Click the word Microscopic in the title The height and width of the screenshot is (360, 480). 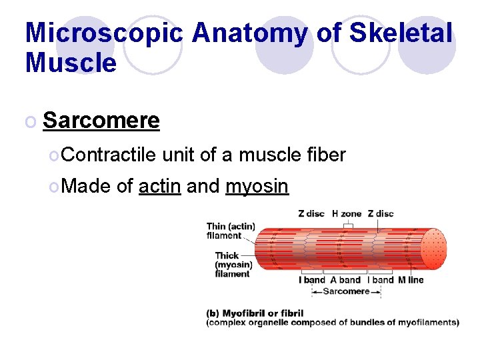click(103, 33)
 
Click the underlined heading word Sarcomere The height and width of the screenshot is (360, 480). click(101, 121)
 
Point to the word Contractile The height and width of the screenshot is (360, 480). click(110, 155)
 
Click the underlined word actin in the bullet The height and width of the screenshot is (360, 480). click(159, 186)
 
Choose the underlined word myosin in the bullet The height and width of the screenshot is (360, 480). click(257, 186)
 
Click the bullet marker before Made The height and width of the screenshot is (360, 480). click(53, 187)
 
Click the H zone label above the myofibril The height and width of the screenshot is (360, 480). click(346, 214)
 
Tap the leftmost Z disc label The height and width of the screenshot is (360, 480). click(311, 214)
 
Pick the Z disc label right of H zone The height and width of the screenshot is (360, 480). click(381, 214)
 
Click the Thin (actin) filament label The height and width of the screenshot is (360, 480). click(230, 231)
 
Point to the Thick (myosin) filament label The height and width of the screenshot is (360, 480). click(232, 264)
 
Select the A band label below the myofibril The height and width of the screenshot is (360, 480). click(345, 280)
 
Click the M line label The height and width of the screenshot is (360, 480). click(411, 280)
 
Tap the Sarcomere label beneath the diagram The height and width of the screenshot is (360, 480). click(345, 291)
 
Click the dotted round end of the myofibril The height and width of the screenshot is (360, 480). click(434, 249)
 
